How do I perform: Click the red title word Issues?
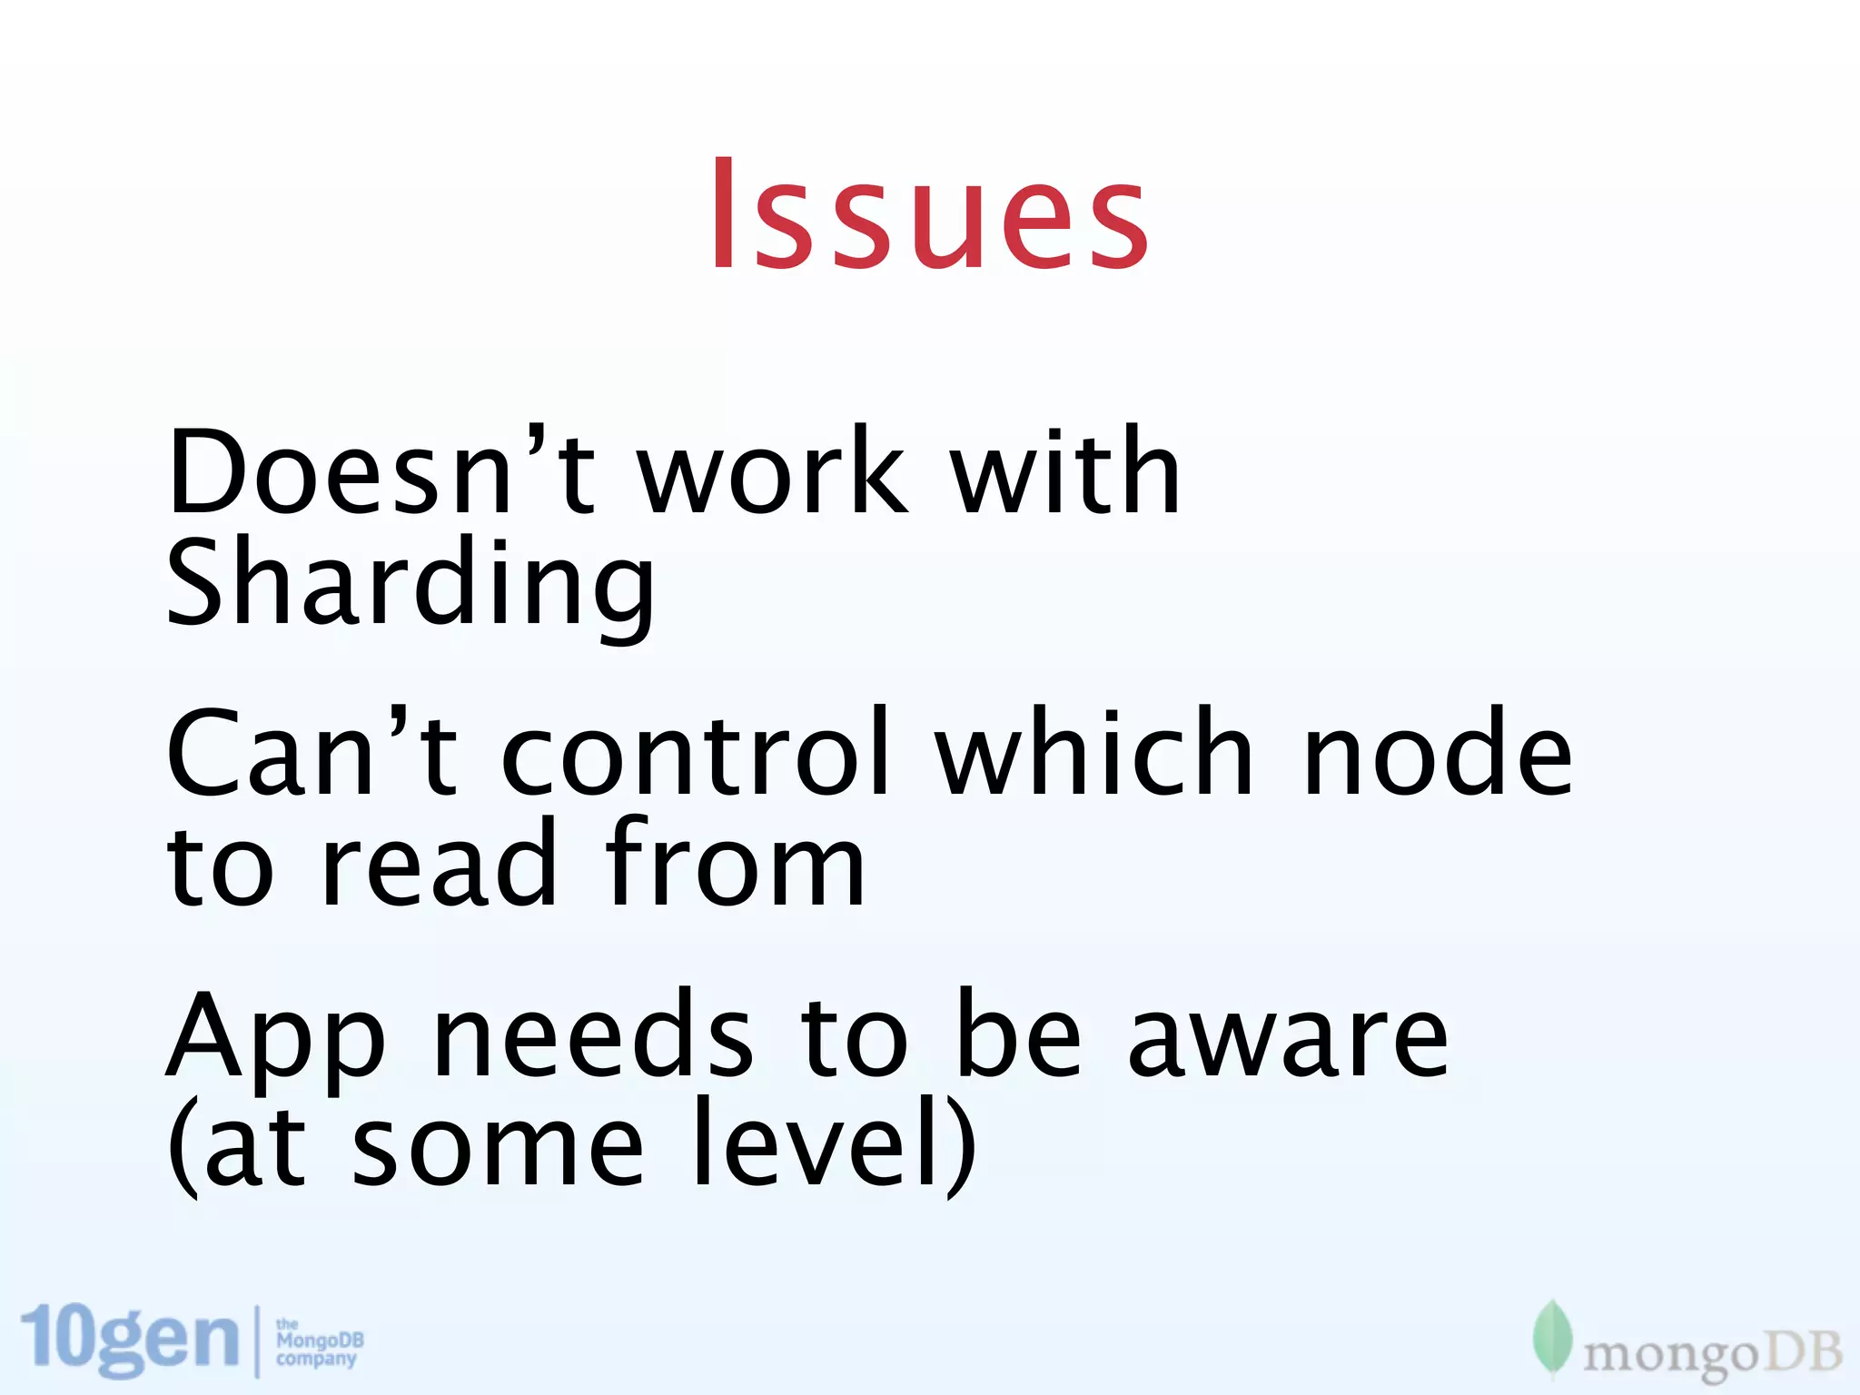tap(929, 216)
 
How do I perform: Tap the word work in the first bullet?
tap(772, 472)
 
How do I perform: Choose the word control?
tap(697, 754)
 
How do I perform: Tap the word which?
tap(1095, 754)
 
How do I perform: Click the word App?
tap(276, 1040)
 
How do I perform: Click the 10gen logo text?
tap(130, 1339)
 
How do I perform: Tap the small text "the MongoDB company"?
tap(319, 1343)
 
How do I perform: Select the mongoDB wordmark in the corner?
tap(1712, 1354)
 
